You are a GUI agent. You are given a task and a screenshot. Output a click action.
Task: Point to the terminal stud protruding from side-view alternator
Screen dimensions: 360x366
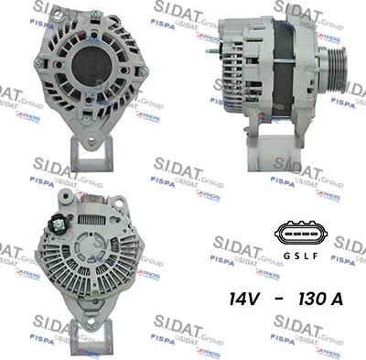[x=213, y=50]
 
